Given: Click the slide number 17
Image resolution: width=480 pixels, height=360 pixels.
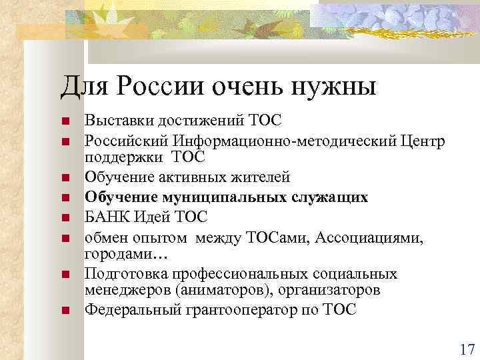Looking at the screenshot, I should point(466,349).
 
